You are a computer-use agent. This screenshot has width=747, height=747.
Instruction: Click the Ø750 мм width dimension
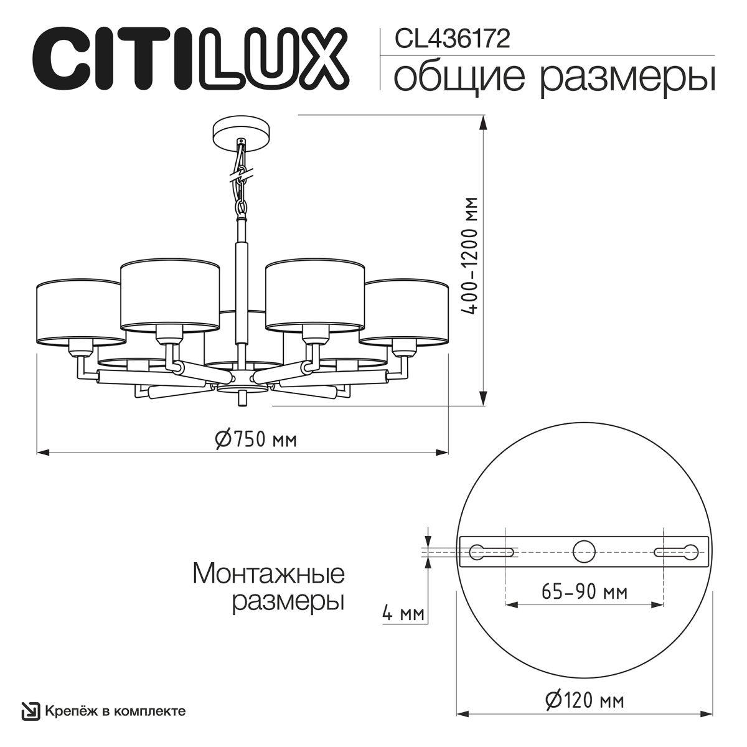click(256, 439)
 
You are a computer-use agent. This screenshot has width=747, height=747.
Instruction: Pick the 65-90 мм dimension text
click(583, 591)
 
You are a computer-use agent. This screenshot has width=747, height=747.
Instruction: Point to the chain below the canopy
click(240, 177)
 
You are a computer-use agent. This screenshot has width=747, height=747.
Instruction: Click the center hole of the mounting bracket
click(584, 551)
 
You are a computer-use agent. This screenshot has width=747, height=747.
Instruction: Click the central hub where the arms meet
click(242, 382)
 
